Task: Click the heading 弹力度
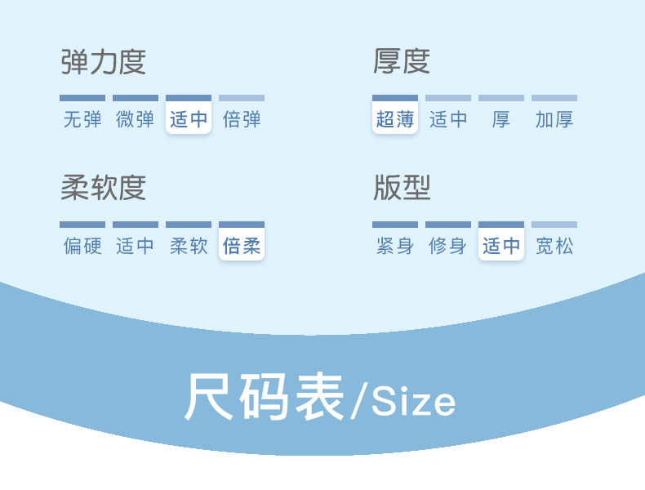pyautogui.click(x=103, y=62)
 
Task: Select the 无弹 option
pyautogui.click(x=82, y=120)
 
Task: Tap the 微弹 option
pyautogui.click(x=136, y=120)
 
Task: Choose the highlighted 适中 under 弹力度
pyautogui.click(x=189, y=120)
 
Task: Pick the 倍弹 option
pyautogui.click(x=242, y=120)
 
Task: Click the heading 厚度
pyautogui.click(x=402, y=62)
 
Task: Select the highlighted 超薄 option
pyautogui.click(x=395, y=120)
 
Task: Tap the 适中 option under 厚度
pyautogui.click(x=448, y=120)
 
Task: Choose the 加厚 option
pyautogui.click(x=554, y=120)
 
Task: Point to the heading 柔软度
pyautogui.click(x=103, y=188)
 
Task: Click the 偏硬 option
pyautogui.click(x=82, y=246)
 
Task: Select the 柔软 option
pyautogui.click(x=189, y=246)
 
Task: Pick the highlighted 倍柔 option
pyautogui.click(x=242, y=246)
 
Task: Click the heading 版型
pyautogui.click(x=402, y=188)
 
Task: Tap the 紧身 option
pyautogui.click(x=395, y=246)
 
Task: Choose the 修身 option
pyautogui.click(x=448, y=246)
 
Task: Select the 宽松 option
pyautogui.click(x=554, y=246)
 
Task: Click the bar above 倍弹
pyautogui.click(x=242, y=98)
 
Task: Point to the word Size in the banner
pyautogui.click(x=413, y=402)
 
